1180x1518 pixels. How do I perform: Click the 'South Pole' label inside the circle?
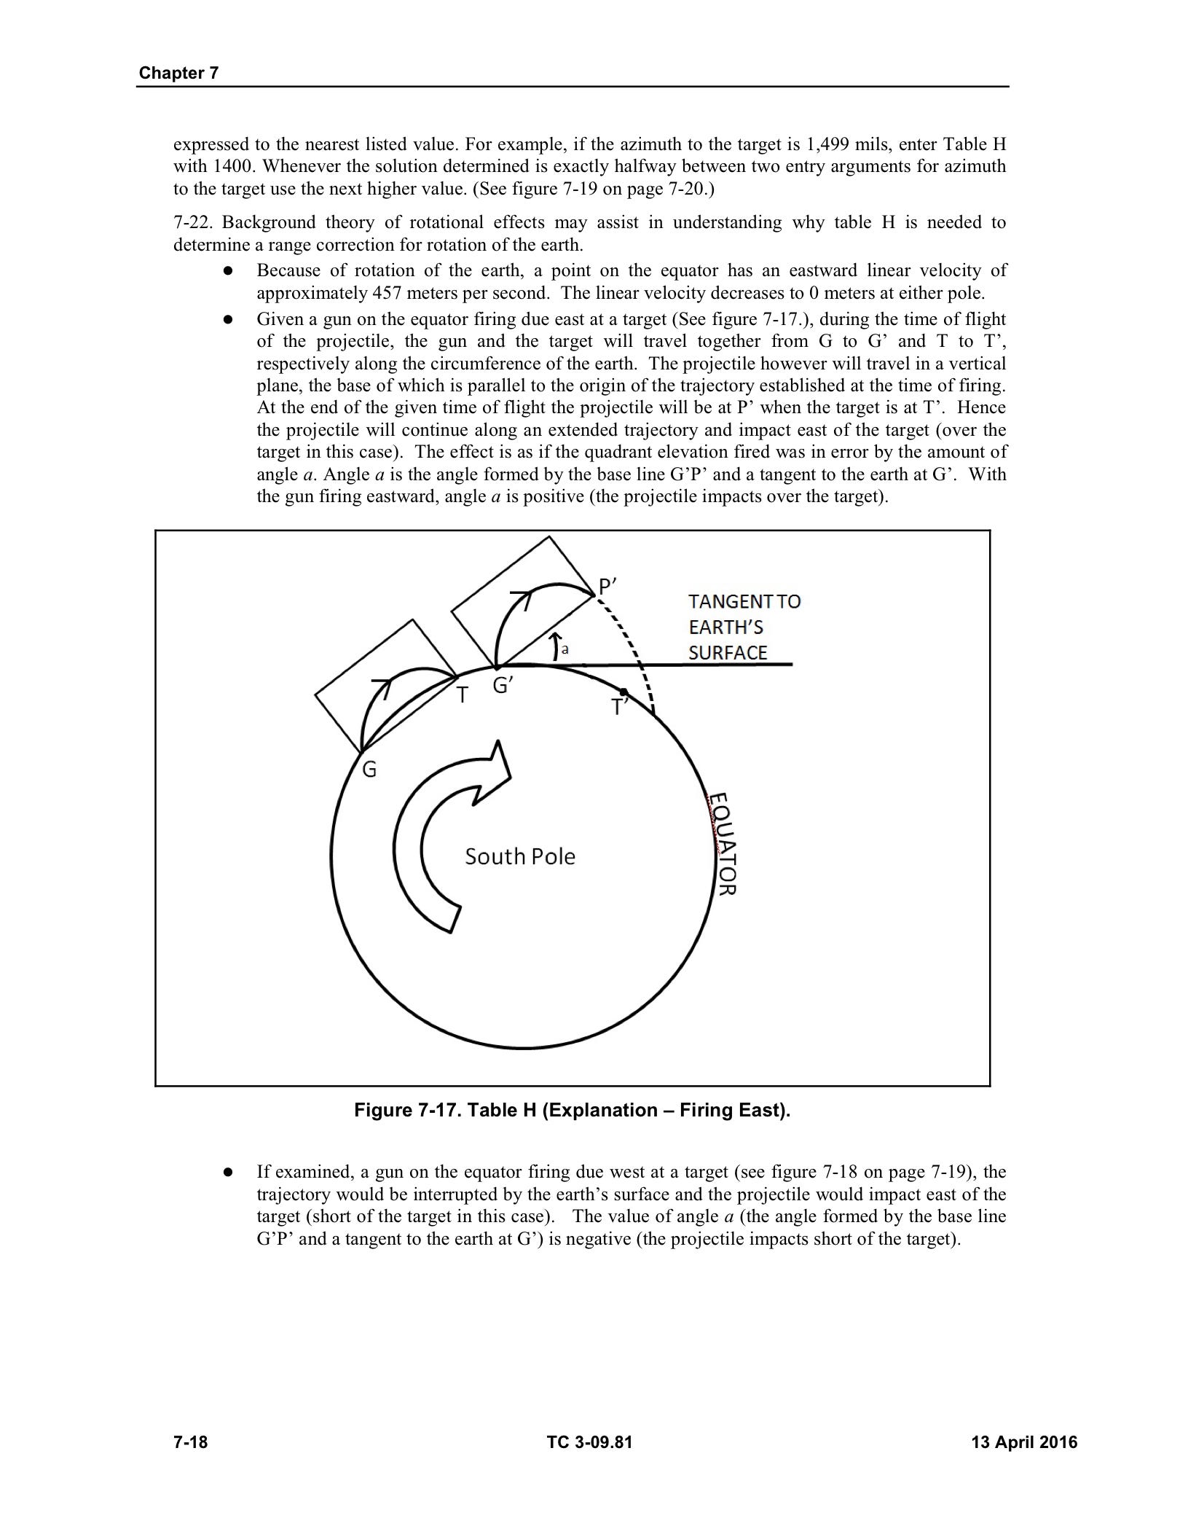pyautogui.click(x=520, y=856)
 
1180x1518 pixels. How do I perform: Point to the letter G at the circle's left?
pyautogui.click(x=369, y=770)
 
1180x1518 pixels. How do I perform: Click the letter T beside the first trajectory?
pyautogui.click(x=461, y=696)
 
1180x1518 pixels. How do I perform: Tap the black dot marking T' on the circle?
pyautogui.click(x=624, y=692)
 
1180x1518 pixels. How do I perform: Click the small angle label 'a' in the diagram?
pyautogui.click(x=565, y=648)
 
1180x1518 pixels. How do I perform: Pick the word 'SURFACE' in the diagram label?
pyautogui.click(x=728, y=653)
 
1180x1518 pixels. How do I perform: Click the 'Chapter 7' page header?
pyautogui.click(x=178, y=73)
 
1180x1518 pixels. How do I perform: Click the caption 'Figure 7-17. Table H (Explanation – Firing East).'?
pyautogui.click(x=572, y=1111)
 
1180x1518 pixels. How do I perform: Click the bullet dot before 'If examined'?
pyautogui.click(x=228, y=1173)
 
